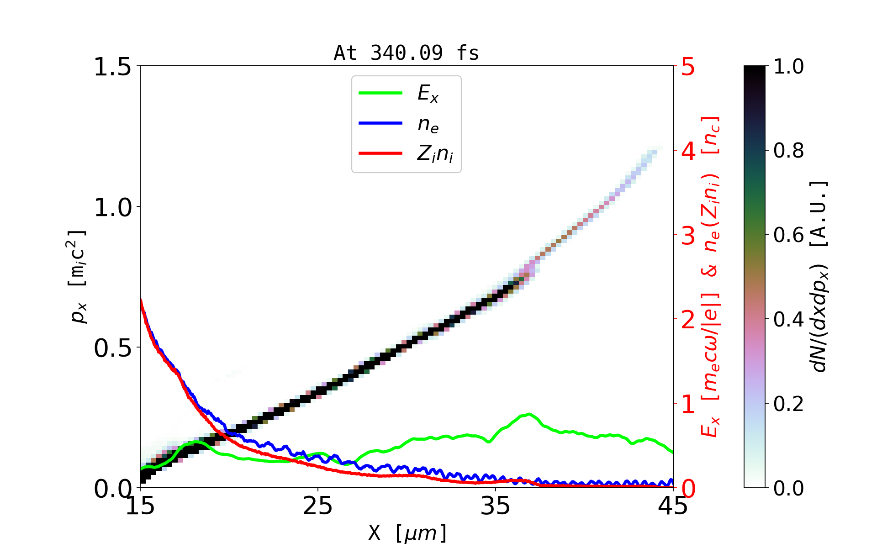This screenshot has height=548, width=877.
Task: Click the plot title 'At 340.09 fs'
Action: click(406, 53)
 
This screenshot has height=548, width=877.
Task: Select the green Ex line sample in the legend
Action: click(380, 93)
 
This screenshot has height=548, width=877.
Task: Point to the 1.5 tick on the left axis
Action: click(112, 67)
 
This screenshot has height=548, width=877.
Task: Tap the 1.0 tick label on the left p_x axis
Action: click(112, 207)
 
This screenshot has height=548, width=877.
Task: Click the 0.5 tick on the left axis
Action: click(112, 348)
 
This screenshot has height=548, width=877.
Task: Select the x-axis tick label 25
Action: click(318, 506)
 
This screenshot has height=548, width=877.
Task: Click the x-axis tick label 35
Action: click(496, 506)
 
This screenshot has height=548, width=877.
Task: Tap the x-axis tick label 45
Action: click(673, 506)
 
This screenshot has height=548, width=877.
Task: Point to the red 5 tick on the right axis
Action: click(688, 67)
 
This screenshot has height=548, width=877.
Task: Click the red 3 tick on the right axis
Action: click(688, 236)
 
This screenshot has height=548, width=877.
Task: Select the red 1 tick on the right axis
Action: click(688, 404)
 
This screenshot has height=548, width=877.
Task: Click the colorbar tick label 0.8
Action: click(788, 151)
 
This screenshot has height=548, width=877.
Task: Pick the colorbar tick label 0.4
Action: click(788, 320)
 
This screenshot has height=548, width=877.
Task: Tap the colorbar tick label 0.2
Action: click(788, 404)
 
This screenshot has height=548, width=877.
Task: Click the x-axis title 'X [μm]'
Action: click(407, 532)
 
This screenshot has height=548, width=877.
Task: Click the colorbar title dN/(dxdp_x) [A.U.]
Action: click(820, 276)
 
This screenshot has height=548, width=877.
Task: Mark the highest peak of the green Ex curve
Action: click(528, 414)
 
